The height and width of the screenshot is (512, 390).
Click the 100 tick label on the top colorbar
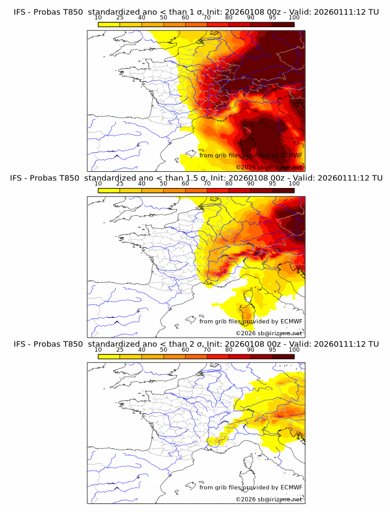point(294,17)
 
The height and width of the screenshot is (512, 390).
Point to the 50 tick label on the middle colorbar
point(163,184)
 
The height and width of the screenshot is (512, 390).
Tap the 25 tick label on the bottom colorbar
point(120,350)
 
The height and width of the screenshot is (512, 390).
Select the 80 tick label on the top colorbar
point(229,17)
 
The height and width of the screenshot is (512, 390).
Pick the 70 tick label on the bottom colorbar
point(207,350)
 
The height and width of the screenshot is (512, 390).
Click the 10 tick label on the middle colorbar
point(98,184)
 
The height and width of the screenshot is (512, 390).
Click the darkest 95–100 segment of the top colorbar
point(283,24)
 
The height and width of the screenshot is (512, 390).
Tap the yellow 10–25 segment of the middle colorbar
point(109,190)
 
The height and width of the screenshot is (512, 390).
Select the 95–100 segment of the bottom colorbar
point(283,357)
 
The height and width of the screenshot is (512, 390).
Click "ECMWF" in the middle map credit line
point(291,321)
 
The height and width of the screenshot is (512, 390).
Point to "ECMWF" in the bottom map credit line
point(291,487)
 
